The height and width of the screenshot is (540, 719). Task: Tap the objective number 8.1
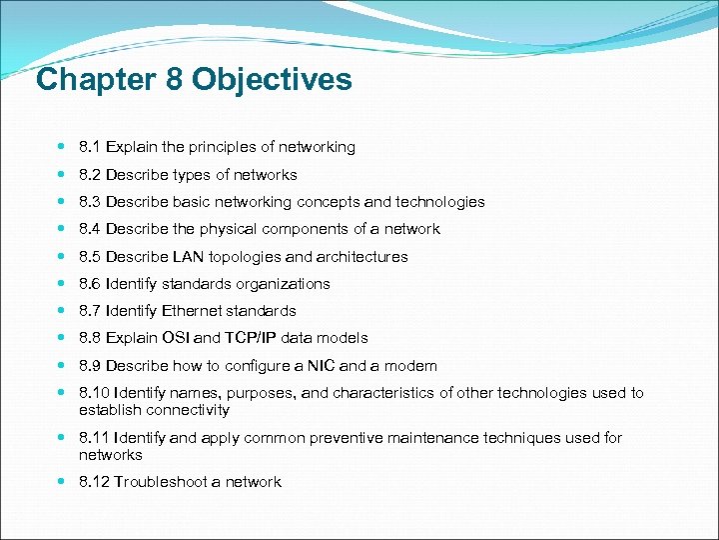click(x=90, y=147)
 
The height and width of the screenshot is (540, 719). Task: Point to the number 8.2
click(x=90, y=175)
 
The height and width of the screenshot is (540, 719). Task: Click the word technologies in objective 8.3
click(x=443, y=202)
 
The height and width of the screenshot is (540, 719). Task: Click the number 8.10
click(x=94, y=393)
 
